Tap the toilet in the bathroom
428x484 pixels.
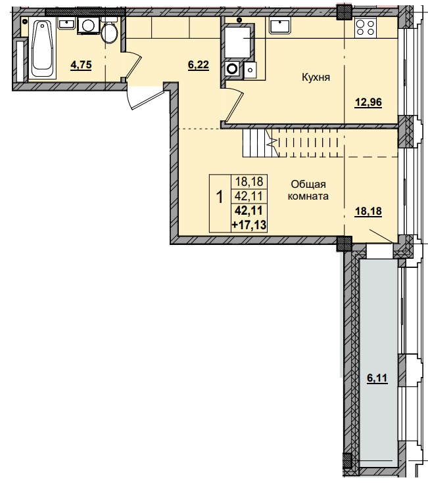click(110, 31)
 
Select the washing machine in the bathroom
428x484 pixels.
click(87, 26)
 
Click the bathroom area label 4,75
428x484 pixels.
click(82, 64)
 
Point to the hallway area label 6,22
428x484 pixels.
click(199, 64)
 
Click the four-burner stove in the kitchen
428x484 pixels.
click(366, 28)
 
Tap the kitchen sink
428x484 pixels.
click(281, 26)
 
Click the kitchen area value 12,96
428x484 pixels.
click(368, 102)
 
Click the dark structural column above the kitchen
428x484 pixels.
click(344, 12)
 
